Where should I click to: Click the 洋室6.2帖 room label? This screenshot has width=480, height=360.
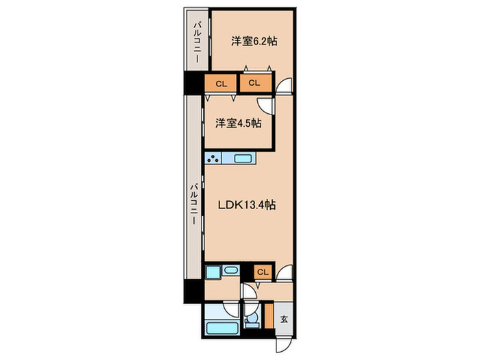point(254,41)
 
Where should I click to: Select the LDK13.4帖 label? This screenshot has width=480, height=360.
point(247,205)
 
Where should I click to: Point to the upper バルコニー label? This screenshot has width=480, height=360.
point(197,41)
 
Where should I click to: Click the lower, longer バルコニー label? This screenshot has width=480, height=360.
point(194,204)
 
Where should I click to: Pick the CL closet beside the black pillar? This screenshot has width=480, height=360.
point(221,83)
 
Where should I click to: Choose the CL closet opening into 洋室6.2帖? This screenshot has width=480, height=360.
point(255,83)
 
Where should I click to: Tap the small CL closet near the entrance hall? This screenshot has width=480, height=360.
point(263,272)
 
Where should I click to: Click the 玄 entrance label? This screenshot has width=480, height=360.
point(284,320)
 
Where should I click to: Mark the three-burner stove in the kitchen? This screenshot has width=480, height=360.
point(213,158)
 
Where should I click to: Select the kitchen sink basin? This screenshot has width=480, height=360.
point(243,158)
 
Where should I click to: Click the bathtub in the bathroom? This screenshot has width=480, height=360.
point(222,328)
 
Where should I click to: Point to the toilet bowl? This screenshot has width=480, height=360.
point(252,320)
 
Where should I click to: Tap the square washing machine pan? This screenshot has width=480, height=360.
point(213,272)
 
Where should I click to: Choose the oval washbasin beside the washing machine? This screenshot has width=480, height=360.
point(230,270)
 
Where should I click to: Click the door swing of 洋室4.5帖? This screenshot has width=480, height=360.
point(265,106)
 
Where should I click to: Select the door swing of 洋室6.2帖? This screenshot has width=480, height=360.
point(285,85)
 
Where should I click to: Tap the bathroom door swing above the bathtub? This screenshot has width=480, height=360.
point(231,309)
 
